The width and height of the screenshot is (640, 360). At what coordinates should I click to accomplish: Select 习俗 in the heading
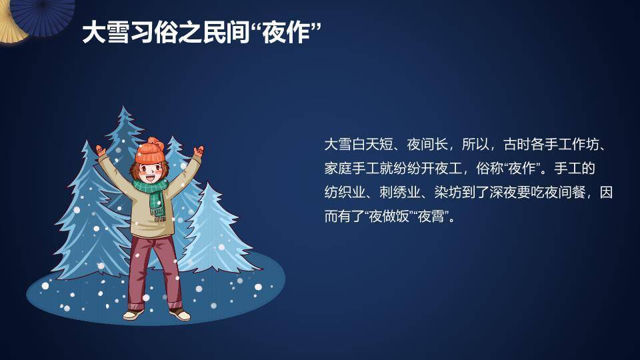click(x=156, y=32)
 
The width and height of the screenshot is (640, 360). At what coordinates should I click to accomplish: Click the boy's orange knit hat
click(x=149, y=155)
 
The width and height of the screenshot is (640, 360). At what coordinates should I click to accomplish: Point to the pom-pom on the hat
click(x=153, y=141)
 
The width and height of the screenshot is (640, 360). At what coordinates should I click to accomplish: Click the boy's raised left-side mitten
click(x=101, y=152)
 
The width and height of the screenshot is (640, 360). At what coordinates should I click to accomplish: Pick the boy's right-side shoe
click(x=179, y=313)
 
